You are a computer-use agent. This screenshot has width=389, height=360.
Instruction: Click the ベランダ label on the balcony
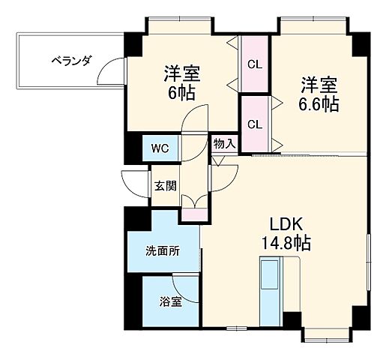click(71, 61)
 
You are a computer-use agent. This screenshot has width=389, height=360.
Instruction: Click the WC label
click(160, 148)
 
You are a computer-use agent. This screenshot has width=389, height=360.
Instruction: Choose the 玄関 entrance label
click(163, 184)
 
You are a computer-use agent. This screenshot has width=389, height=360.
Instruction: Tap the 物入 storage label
click(224, 142)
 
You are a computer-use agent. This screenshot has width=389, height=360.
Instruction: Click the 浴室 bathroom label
click(169, 302)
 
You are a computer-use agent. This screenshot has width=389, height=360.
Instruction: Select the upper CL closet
click(255, 64)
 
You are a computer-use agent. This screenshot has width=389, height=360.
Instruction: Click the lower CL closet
click(255, 123)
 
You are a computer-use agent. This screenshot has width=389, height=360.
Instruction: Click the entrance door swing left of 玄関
click(133, 182)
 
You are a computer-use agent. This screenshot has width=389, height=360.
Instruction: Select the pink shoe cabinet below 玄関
click(191, 214)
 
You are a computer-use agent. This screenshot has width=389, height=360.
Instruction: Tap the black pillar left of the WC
click(133, 146)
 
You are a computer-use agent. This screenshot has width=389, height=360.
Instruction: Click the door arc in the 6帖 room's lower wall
click(196, 120)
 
